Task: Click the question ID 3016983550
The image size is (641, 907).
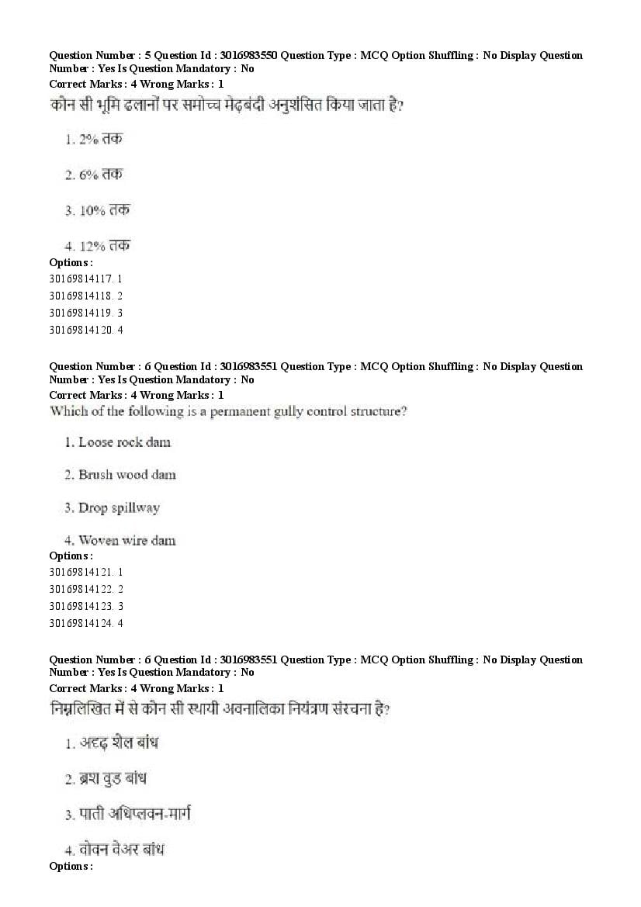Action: point(248,55)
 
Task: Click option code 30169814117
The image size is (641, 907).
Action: point(81,278)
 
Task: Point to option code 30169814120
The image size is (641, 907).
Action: point(81,330)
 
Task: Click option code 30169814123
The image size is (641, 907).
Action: point(81,606)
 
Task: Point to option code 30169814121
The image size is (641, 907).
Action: point(81,571)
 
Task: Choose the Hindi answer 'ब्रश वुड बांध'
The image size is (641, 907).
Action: point(113,778)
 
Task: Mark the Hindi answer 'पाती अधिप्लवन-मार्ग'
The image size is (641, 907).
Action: point(134,814)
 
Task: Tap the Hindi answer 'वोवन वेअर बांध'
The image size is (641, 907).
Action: point(121,850)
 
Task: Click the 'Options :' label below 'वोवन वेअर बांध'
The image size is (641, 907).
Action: point(71,866)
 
